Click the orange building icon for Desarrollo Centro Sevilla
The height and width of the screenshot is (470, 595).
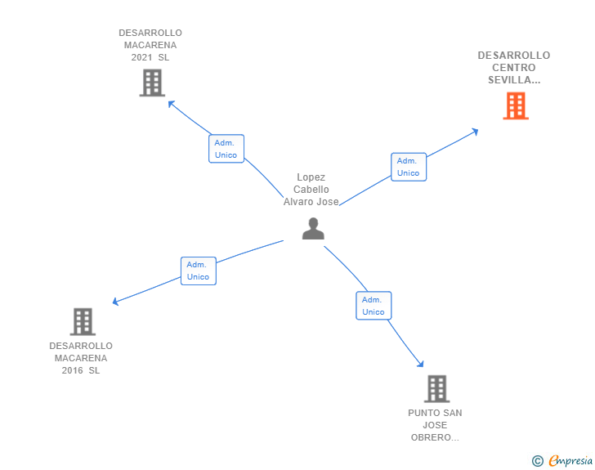(x=515, y=106)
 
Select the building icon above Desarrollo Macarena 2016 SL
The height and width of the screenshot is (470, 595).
(x=83, y=322)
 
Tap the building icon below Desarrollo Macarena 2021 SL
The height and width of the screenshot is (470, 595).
(x=151, y=83)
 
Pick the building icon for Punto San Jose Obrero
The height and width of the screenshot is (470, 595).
(x=436, y=389)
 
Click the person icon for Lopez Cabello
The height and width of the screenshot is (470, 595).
(x=313, y=229)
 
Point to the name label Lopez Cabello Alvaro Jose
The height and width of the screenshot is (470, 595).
(x=311, y=190)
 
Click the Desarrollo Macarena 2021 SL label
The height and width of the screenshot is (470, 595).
(x=150, y=45)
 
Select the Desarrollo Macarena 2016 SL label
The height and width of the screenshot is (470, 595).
(x=81, y=358)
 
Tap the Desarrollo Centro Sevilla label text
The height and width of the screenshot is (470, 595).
(x=514, y=68)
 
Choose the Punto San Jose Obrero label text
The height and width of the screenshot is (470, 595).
(x=435, y=425)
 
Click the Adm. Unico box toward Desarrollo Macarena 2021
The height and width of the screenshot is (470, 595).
(x=226, y=149)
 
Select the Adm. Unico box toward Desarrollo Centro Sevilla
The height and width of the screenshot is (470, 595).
(x=409, y=167)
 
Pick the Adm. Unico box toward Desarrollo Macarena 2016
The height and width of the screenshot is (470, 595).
(x=198, y=271)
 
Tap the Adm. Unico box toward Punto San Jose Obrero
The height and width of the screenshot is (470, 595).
(x=374, y=306)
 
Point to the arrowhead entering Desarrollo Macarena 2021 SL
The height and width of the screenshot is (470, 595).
(x=171, y=103)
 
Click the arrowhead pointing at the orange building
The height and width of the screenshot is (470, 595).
(x=475, y=131)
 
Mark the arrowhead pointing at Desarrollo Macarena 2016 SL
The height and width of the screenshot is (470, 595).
(x=116, y=302)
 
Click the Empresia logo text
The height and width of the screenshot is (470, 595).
(x=570, y=460)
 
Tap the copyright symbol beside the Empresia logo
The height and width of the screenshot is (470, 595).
(x=537, y=461)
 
